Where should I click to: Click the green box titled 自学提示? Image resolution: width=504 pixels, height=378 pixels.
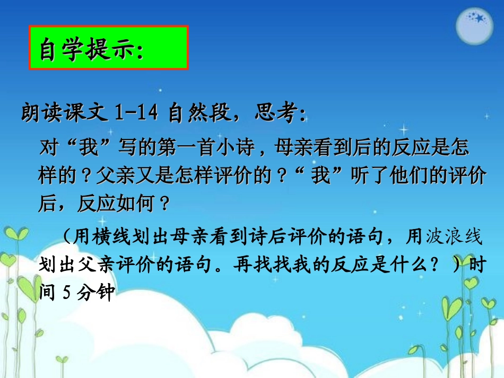pyautogui.click(x=108, y=48)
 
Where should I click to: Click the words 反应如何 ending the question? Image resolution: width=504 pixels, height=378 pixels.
pyautogui.click(x=119, y=204)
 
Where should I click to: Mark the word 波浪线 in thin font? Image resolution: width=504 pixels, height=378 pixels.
pyautogui.click(x=456, y=237)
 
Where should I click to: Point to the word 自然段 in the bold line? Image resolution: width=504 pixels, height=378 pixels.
pyautogui.click(x=199, y=113)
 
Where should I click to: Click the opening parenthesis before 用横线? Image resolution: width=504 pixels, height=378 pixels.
pyautogui.click(x=66, y=237)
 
